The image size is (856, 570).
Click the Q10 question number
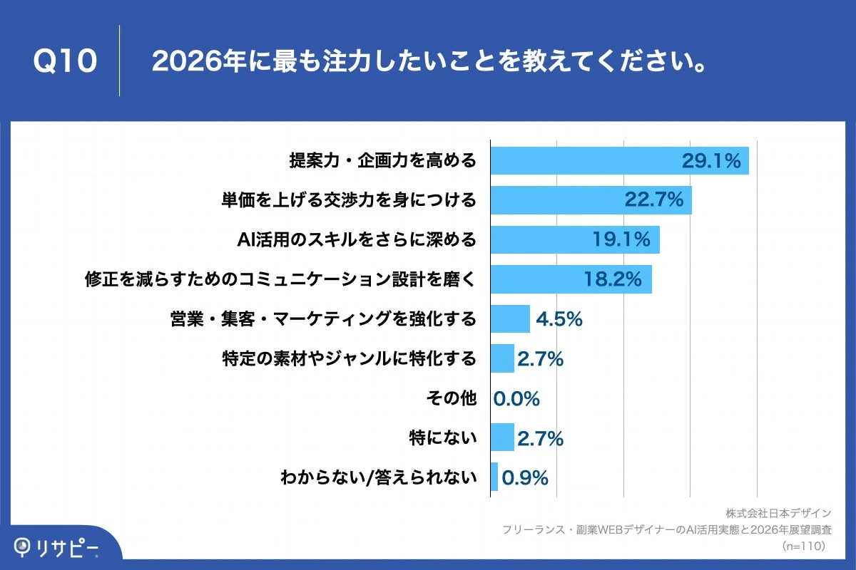click(65, 61)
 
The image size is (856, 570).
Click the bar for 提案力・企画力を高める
click(619, 161)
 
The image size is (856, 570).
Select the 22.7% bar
click(591, 200)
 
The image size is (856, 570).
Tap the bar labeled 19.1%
click(575, 240)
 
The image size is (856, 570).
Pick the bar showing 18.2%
click(571, 279)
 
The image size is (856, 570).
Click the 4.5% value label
click(559, 319)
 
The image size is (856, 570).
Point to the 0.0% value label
click(516, 398)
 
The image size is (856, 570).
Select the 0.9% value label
click(525, 477)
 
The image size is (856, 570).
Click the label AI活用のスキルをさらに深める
click(356, 240)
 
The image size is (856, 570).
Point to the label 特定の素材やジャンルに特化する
click(349, 358)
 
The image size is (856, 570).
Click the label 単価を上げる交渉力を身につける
click(349, 200)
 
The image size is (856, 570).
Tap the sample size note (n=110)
click(804, 546)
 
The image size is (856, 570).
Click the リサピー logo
click(57, 547)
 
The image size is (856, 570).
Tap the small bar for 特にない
click(502, 437)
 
